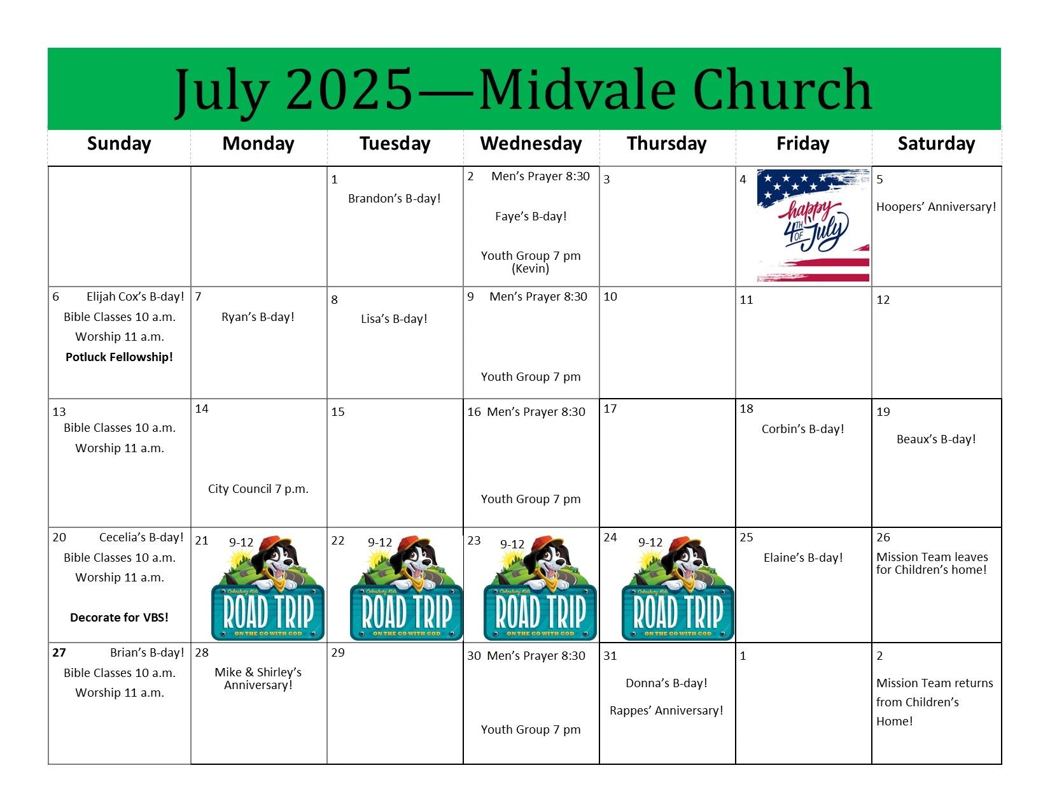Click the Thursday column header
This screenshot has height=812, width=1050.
pyautogui.click(x=666, y=144)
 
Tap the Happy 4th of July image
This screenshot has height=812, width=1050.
pyautogui.click(x=813, y=225)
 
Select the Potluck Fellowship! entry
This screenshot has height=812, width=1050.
pyautogui.click(x=119, y=357)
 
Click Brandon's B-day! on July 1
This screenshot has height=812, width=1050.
pyautogui.click(x=395, y=199)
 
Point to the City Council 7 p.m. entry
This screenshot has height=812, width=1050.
pyautogui.click(x=258, y=489)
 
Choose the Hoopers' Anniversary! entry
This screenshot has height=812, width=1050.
pyautogui.click(x=936, y=207)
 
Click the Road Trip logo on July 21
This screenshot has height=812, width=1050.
pyautogui.click(x=268, y=588)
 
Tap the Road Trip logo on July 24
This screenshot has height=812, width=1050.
pyautogui.click(x=678, y=588)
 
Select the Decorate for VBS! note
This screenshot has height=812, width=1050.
pyautogui.click(x=119, y=618)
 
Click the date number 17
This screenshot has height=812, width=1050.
pyautogui.click(x=610, y=409)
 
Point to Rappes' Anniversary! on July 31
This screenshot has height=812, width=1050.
pyautogui.click(x=666, y=711)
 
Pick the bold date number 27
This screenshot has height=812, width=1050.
pyautogui.click(x=59, y=652)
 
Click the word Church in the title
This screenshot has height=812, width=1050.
pyautogui.click(x=782, y=89)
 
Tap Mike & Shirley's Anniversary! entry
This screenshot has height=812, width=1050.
pyautogui.click(x=258, y=678)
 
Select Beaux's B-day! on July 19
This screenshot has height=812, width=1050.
pyautogui.click(x=936, y=439)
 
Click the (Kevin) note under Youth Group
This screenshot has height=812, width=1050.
pyautogui.click(x=531, y=268)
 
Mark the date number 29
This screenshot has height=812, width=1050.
pyautogui.click(x=338, y=652)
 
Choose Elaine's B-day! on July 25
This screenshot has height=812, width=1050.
pyautogui.click(x=803, y=558)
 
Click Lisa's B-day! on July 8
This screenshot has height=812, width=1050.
pyautogui.click(x=395, y=318)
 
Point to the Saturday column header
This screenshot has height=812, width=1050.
pyautogui.click(x=936, y=144)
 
